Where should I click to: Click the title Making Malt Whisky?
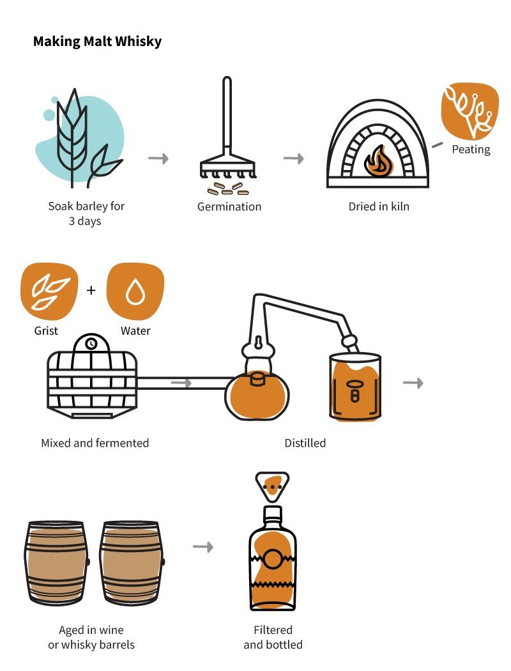pos(97,42)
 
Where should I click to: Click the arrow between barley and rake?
pos(158,158)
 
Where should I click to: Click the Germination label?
pos(229,207)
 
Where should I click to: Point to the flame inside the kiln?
pos(378,162)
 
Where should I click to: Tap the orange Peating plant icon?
pos(470,112)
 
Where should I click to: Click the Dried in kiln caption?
pos(379,207)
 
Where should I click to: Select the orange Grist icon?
pos(49,291)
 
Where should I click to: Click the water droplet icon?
pos(135,291)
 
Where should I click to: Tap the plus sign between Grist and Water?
pos(91,291)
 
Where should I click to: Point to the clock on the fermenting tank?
pos(92,344)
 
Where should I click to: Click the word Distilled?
pos(305,443)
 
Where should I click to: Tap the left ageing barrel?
pos(57,562)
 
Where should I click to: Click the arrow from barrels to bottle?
pos(202,547)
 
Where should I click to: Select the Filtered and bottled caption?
pos(273,637)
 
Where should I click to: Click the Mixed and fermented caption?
pos(95,443)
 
